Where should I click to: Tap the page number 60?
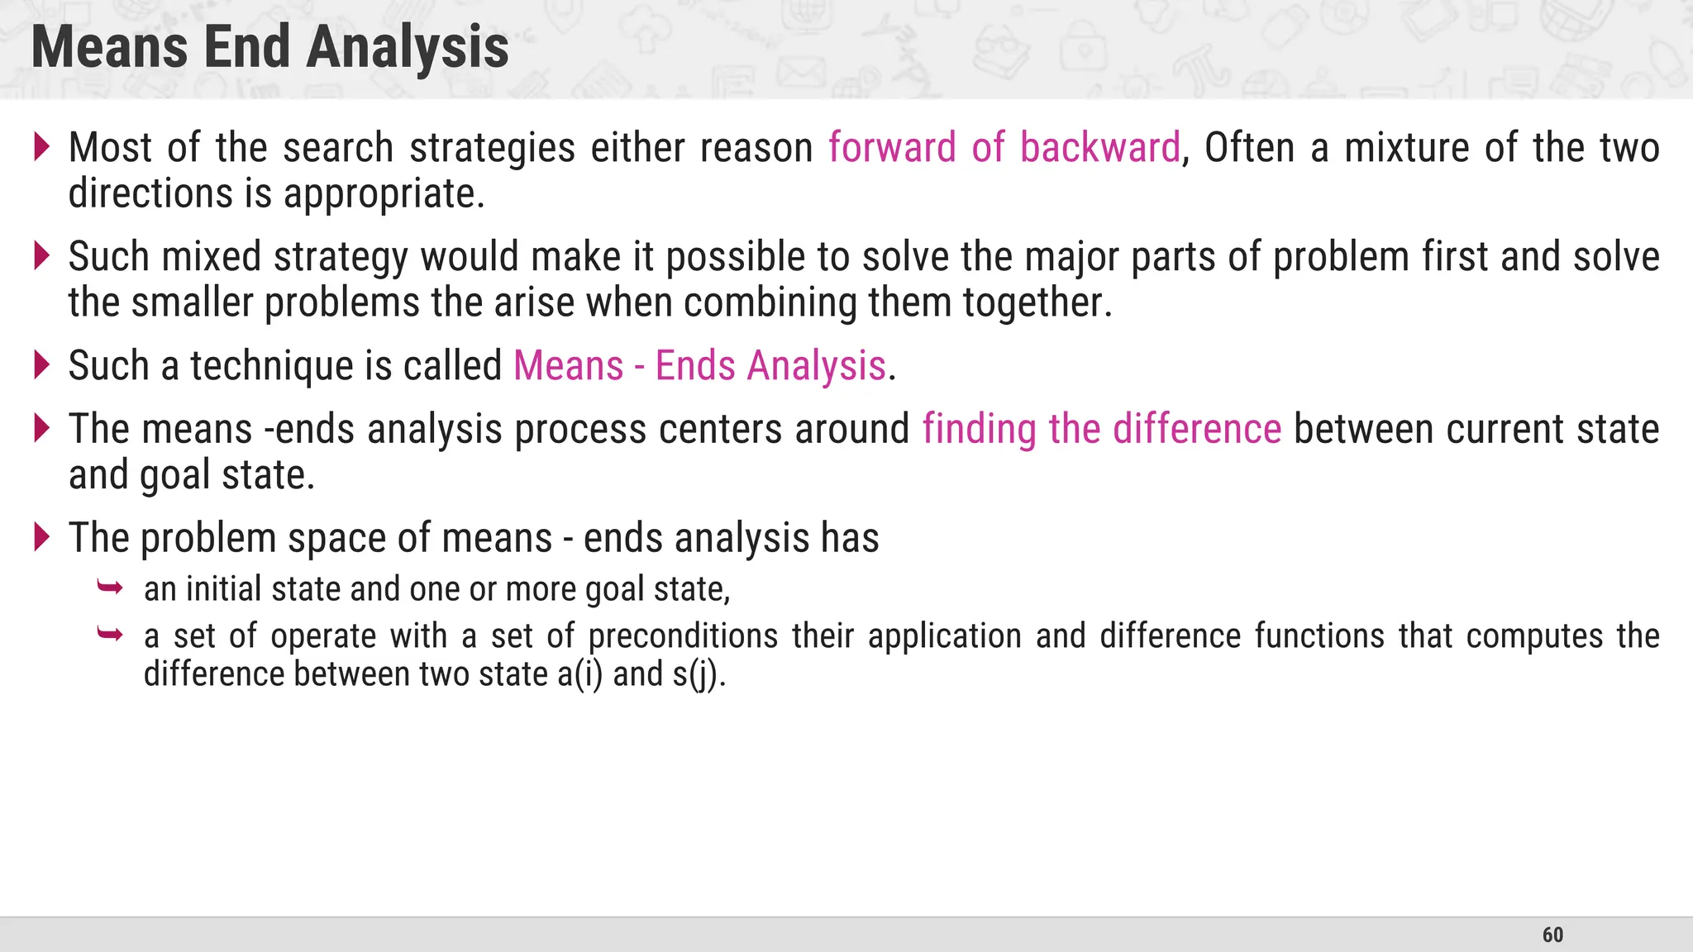(x=1552, y=935)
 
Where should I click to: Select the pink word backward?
(x=1099, y=148)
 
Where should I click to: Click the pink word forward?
(x=892, y=148)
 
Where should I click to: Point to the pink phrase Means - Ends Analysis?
(x=699, y=366)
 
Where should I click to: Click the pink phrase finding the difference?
(x=1101, y=430)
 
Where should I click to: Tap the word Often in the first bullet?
(x=1250, y=148)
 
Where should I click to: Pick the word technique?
(x=273, y=366)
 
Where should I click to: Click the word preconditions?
(x=683, y=636)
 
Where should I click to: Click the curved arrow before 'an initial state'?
(x=110, y=588)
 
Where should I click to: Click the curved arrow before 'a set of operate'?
(x=110, y=635)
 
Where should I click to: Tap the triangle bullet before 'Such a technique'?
(x=41, y=364)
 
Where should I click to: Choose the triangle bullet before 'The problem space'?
(x=41, y=537)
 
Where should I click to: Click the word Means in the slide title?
(x=110, y=48)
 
